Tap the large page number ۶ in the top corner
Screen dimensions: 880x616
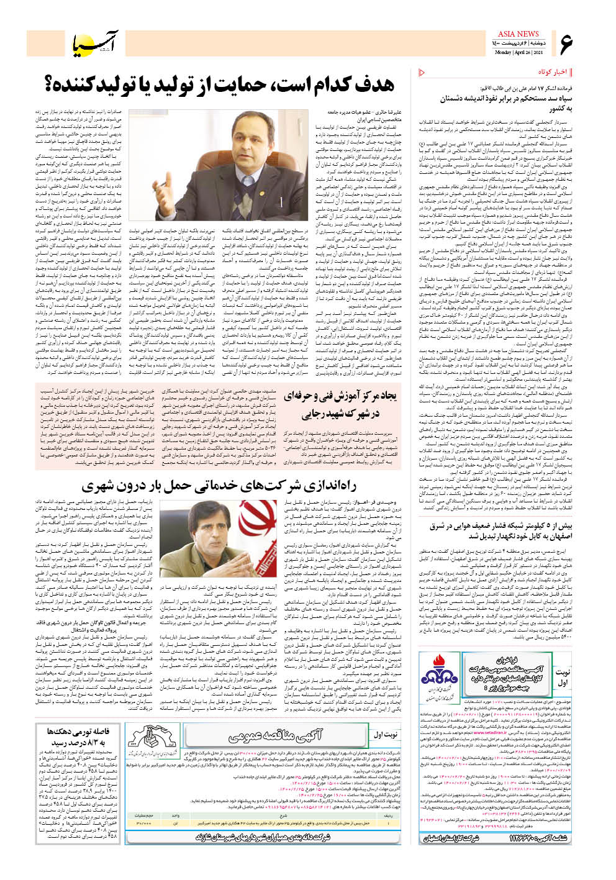(565, 44)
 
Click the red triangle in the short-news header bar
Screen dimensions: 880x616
(423, 72)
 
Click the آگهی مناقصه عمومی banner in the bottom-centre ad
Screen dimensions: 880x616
(274, 736)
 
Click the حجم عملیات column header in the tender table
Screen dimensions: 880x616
(143, 814)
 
